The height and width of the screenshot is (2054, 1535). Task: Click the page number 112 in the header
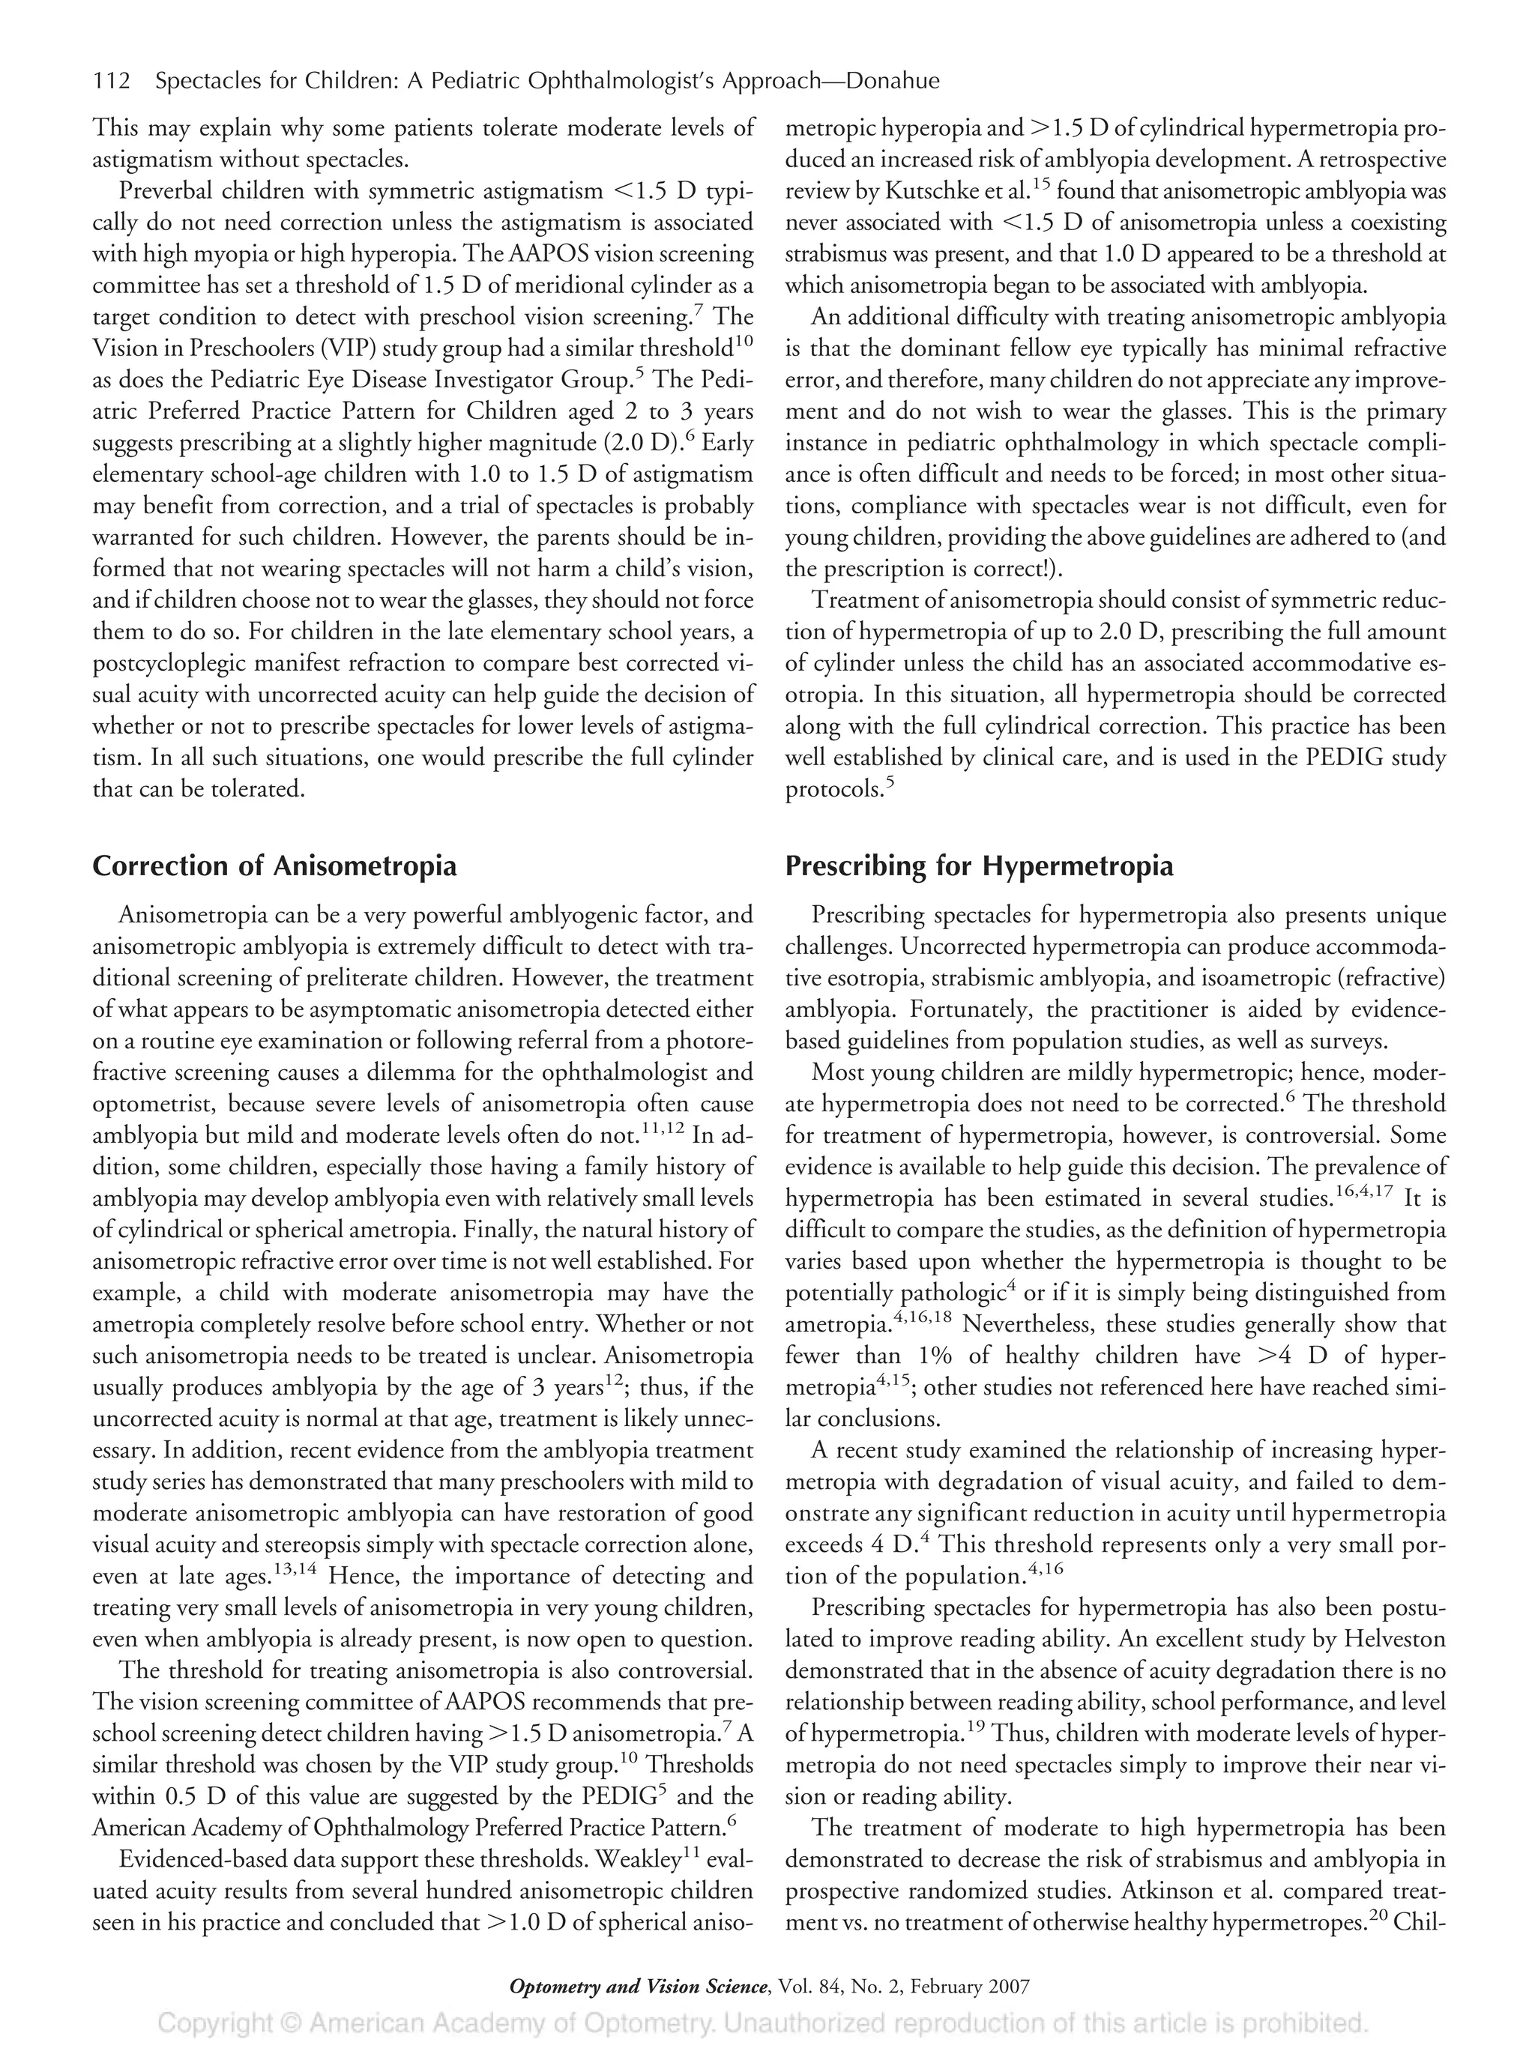coord(112,82)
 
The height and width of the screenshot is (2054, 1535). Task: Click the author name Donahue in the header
coord(893,82)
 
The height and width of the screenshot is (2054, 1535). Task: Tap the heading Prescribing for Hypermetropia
coord(979,866)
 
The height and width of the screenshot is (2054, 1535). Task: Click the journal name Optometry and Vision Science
coord(639,1987)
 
